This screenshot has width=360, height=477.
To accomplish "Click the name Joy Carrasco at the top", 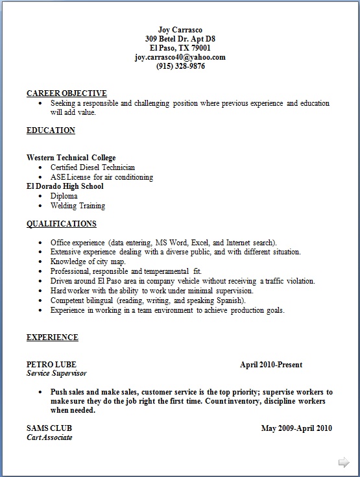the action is (180, 30).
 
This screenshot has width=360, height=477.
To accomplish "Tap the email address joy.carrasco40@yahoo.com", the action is (180, 57).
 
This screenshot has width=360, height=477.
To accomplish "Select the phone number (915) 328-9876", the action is (180, 66).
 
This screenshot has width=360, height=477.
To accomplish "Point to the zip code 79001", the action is (199, 48).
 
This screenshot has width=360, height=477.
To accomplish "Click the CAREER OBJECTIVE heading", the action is (67, 93).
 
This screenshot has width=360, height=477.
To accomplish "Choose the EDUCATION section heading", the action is (51, 130).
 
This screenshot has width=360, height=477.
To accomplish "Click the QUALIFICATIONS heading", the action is (62, 224).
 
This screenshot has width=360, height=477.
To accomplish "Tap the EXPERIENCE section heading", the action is (53, 337).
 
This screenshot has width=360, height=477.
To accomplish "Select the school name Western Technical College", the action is (71, 158).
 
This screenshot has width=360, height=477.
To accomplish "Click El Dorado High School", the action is (65, 186).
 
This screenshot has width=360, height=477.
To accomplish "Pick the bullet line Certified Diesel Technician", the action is (93, 167).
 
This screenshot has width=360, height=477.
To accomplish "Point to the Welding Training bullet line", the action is (78, 206).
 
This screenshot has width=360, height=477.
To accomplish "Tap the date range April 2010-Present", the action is (271, 365).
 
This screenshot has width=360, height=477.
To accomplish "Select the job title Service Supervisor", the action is (56, 374).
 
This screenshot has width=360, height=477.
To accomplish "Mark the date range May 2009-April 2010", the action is (296, 428).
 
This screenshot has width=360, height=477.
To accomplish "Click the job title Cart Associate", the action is (49, 437).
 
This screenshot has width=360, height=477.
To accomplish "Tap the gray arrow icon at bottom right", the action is (344, 462).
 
